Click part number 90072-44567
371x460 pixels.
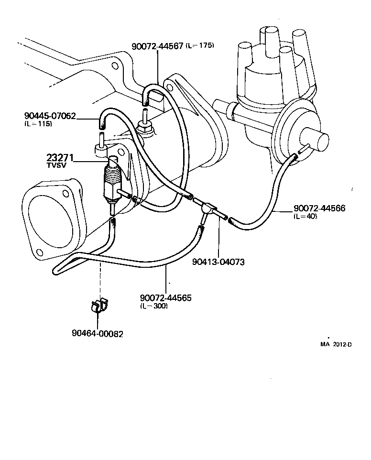(x=157, y=46)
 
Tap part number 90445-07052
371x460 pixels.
(x=50, y=116)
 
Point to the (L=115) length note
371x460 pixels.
(x=38, y=124)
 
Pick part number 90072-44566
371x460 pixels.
(x=319, y=208)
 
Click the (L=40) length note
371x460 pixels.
(x=306, y=217)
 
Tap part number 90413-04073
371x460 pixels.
(x=218, y=262)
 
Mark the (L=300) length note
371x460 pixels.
(x=153, y=306)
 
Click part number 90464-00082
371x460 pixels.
(x=98, y=334)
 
